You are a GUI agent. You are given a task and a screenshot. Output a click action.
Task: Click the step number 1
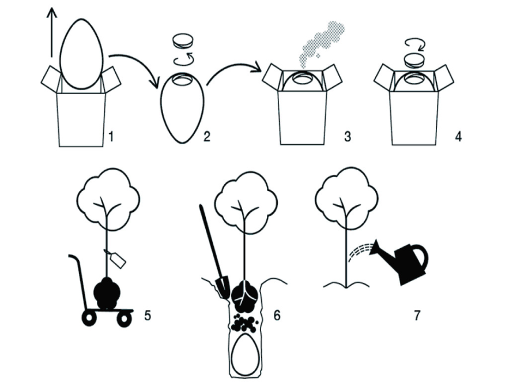pyautogui.click(x=111, y=136)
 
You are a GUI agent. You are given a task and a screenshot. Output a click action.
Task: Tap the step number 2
pyautogui.click(x=207, y=136)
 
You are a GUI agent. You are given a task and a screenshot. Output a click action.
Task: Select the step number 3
pyautogui.click(x=348, y=136)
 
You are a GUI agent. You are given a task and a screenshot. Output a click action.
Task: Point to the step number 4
pyautogui.click(x=458, y=136)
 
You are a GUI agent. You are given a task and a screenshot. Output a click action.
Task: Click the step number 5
pyautogui.click(x=148, y=315)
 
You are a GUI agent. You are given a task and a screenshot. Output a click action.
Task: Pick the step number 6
pyautogui.click(x=277, y=315)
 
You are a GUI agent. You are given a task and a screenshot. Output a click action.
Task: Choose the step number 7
pyautogui.click(x=417, y=315)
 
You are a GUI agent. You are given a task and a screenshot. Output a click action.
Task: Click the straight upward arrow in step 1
pyautogui.click(x=52, y=32)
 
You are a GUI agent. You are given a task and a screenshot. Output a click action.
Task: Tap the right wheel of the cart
pyautogui.click(x=124, y=319)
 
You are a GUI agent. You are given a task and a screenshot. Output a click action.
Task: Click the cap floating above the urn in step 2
pyautogui.click(x=183, y=41)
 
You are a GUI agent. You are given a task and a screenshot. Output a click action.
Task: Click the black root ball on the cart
pyautogui.click(x=107, y=293)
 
